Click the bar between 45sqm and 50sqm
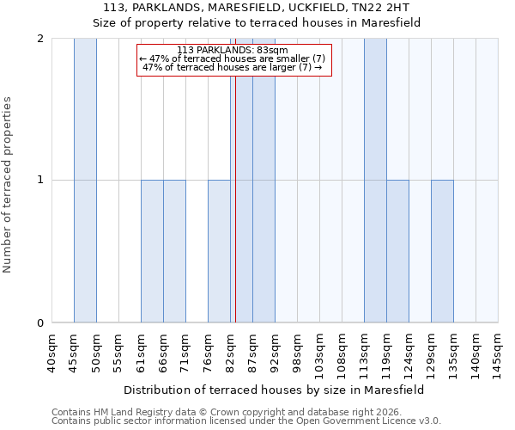(x=85, y=181)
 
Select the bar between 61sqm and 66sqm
(x=152, y=251)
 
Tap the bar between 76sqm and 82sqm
(x=219, y=251)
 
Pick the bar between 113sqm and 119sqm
(x=375, y=181)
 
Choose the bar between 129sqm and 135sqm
(x=442, y=251)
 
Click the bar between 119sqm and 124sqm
(x=397, y=251)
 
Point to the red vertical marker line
(x=234, y=198)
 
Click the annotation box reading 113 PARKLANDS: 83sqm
(x=233, y=59)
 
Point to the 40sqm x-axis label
(x=51, y=353)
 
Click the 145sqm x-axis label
(x=498, y=353)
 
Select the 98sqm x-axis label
(x=297, y=353)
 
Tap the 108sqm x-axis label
(x=342, y=353)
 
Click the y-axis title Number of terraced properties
(x=9, y=185)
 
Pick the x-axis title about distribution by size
(x=275, y=390)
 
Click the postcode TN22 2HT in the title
(x=388, y=7)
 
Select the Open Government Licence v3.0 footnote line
(x=246, y=421)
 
